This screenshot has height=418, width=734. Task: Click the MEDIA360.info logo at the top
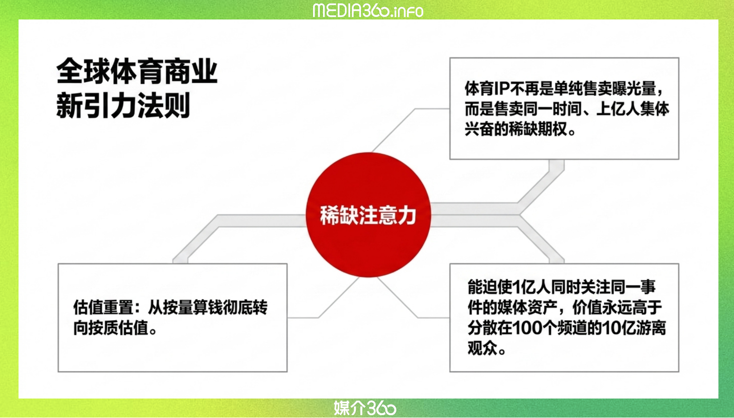pos(368,10)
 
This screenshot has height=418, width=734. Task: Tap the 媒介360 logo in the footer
pos(365,408)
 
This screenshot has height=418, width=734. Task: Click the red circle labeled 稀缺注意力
pos(368,215)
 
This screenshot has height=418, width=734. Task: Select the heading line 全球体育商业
pos(137,71)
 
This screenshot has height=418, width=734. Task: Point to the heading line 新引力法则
pos(123,105)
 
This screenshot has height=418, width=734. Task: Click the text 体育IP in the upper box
pos(487,88)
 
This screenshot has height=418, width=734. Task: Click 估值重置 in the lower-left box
pos(103,307)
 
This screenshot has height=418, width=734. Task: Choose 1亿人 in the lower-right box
pos(531,287)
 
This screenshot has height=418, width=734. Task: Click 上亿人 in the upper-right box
pos(618,109)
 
